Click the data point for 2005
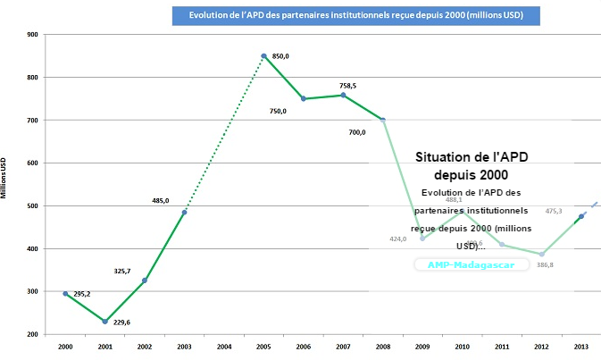pyautogui.click(x=264, y=56)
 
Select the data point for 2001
pyautogui.click(x=104, y=322)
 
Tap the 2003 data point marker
pyautogui.click(x=184, y=212)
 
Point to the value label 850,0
pyautogui.click(x=280, y=56)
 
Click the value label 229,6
pyautogui.click(x=121, y=323)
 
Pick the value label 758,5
pyautogui.click(x=348, y=86)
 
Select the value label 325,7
pyautogui.click(x=122, y=272)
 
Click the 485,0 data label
pyautogui.click(x=162, y=201)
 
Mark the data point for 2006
pyautogui.click(x=304, y=98)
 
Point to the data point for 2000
pyautogui.click(x=65, y=293)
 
